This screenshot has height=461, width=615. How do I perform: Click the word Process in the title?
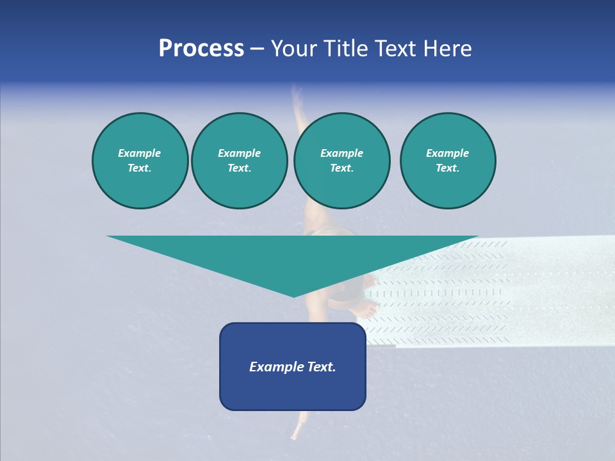pos(201,48)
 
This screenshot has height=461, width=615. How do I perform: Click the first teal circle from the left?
pos(140,161)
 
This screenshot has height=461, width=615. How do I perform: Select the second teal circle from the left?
pos(239,161)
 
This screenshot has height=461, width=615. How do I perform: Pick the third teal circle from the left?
pos(341,161)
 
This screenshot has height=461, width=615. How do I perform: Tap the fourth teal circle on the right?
pos(448,161)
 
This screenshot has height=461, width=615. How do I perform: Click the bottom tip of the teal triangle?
pos(293,295)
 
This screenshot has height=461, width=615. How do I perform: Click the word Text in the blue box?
pos(320,367)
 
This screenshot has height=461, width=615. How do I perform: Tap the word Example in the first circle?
pos(139,153)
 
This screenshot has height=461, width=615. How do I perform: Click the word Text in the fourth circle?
pos(447,168)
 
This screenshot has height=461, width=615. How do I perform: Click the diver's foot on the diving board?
pos(366,311)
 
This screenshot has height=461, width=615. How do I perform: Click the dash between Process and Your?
pos(258,49)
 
